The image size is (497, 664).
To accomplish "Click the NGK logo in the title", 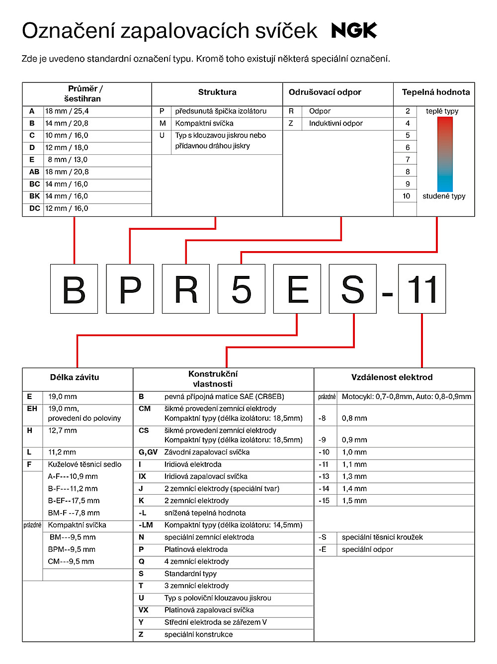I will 354,31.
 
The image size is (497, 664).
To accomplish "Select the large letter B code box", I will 74,289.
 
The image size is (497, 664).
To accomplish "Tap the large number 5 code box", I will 242,289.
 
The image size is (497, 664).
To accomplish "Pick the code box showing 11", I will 422,289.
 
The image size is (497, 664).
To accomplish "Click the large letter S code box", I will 352,289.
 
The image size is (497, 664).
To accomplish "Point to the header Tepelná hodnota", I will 435,92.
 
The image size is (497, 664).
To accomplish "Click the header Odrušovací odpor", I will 325,92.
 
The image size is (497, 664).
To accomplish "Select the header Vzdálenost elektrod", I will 392,378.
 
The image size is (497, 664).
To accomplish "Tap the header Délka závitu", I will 75,378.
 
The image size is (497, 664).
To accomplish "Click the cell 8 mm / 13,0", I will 68,160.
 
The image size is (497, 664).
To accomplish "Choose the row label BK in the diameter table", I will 34,196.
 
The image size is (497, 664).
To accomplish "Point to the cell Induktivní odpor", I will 335,124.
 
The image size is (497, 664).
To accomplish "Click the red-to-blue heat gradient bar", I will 445,154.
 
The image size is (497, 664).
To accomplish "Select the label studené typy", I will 444,196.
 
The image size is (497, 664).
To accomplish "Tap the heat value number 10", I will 407,196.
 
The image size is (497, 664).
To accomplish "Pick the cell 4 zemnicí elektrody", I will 196,562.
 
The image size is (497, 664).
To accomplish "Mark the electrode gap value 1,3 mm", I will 354,476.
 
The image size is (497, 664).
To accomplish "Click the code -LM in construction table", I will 146,525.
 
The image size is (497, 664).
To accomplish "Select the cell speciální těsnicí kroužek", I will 382,537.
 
